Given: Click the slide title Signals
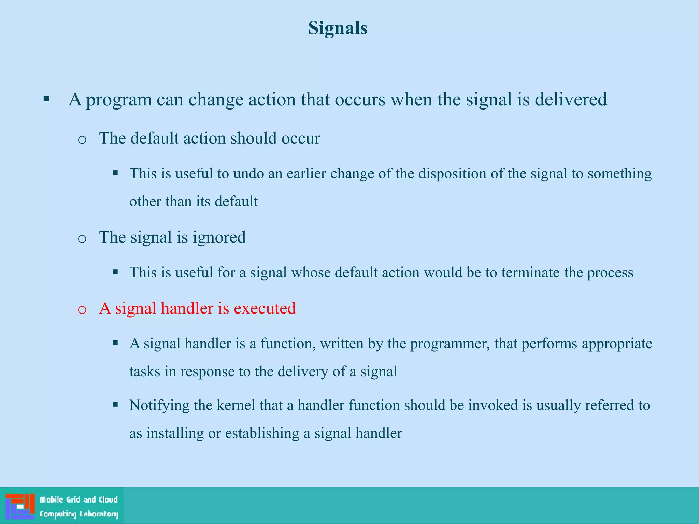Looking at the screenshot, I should [338, 28].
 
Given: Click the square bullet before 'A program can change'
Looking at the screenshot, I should [47, 99].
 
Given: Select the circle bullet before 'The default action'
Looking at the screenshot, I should [82, 140].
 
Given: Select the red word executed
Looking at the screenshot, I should [265, 308].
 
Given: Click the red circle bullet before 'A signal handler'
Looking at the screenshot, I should [82, 310].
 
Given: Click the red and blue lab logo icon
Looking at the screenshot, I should [20, 506].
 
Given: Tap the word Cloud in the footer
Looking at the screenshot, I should [108, 500].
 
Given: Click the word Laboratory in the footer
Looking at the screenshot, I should [99, 514].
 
